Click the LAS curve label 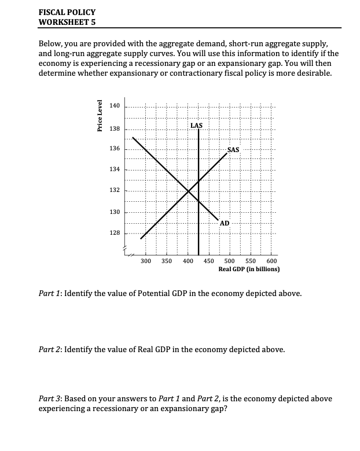tap(197, 125)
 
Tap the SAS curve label tap(233, 150)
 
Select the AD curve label tap(225, 223)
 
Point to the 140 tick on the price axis tap(114, 106)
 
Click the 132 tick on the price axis tap(114, 190)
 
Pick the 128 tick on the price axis tap(114, 232)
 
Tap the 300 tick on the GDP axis tap(146, 261)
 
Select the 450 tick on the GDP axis tap(209, 261)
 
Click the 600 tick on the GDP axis tap(271, 261)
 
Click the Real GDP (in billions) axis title tap(249, 269)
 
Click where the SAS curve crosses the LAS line tap(199, 181)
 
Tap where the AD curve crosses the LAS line tap(199, 200)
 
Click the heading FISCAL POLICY tap(67, 12)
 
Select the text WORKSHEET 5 tap(67, 22)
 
